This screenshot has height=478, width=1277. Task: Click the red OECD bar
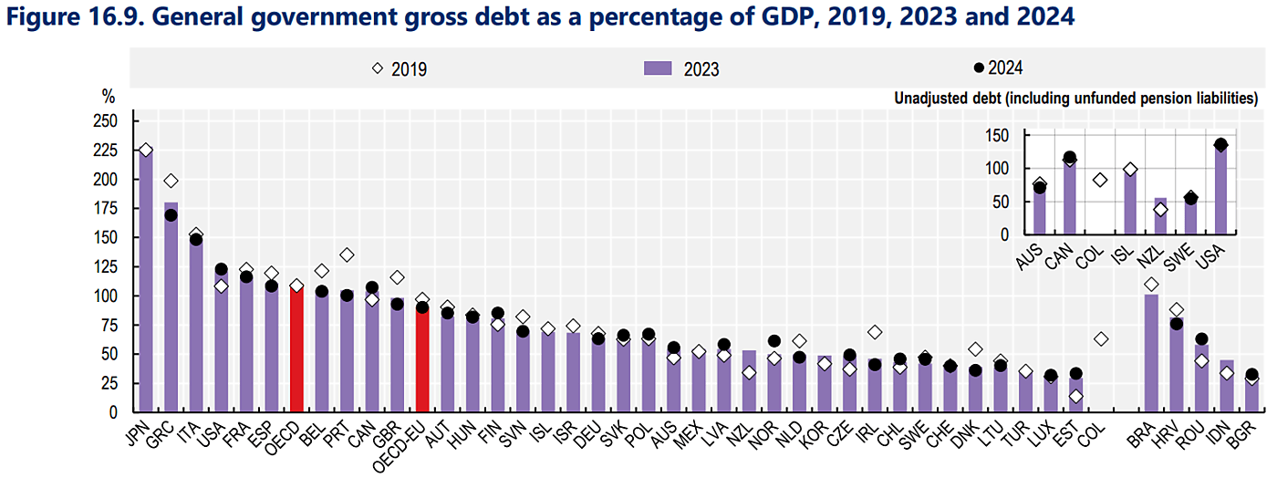pos(296,351)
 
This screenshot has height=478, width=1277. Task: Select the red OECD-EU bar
pos(421,360)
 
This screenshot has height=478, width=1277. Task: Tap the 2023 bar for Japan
pos(145,283)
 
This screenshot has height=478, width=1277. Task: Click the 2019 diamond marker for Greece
pos(171,181)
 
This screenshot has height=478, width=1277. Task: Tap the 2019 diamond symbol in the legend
pos(378,68)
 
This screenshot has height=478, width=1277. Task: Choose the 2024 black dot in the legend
pos(979,68)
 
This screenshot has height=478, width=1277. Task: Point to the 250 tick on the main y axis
pos(106,121)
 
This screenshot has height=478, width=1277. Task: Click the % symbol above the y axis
pos(109,96)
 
